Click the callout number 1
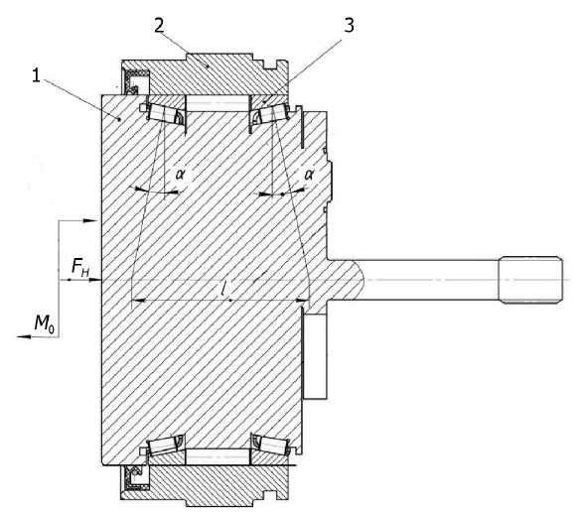(36, 76)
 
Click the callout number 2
(159, 26)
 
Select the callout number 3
(349, 25)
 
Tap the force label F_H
(79, 268)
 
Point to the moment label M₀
(45, 323)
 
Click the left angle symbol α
(181, 174)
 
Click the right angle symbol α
(309, 174)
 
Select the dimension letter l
(223, 288)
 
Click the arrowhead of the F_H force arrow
(95, 280)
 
